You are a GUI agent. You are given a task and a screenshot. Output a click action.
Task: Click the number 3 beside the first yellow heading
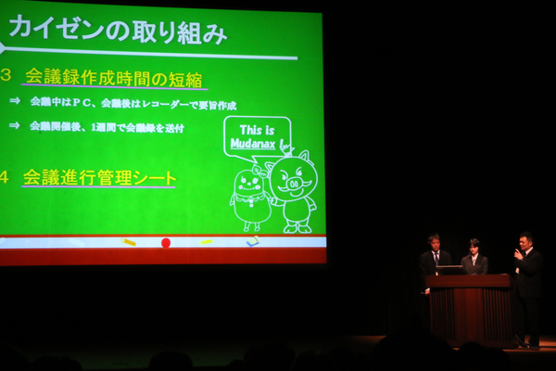6,76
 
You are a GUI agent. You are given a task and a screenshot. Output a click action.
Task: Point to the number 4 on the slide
5,177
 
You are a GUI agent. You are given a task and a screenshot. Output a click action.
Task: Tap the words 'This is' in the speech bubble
257,130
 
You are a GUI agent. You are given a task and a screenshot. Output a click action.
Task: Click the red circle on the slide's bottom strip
166,243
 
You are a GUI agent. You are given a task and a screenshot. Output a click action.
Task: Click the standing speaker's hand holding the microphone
518,254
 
